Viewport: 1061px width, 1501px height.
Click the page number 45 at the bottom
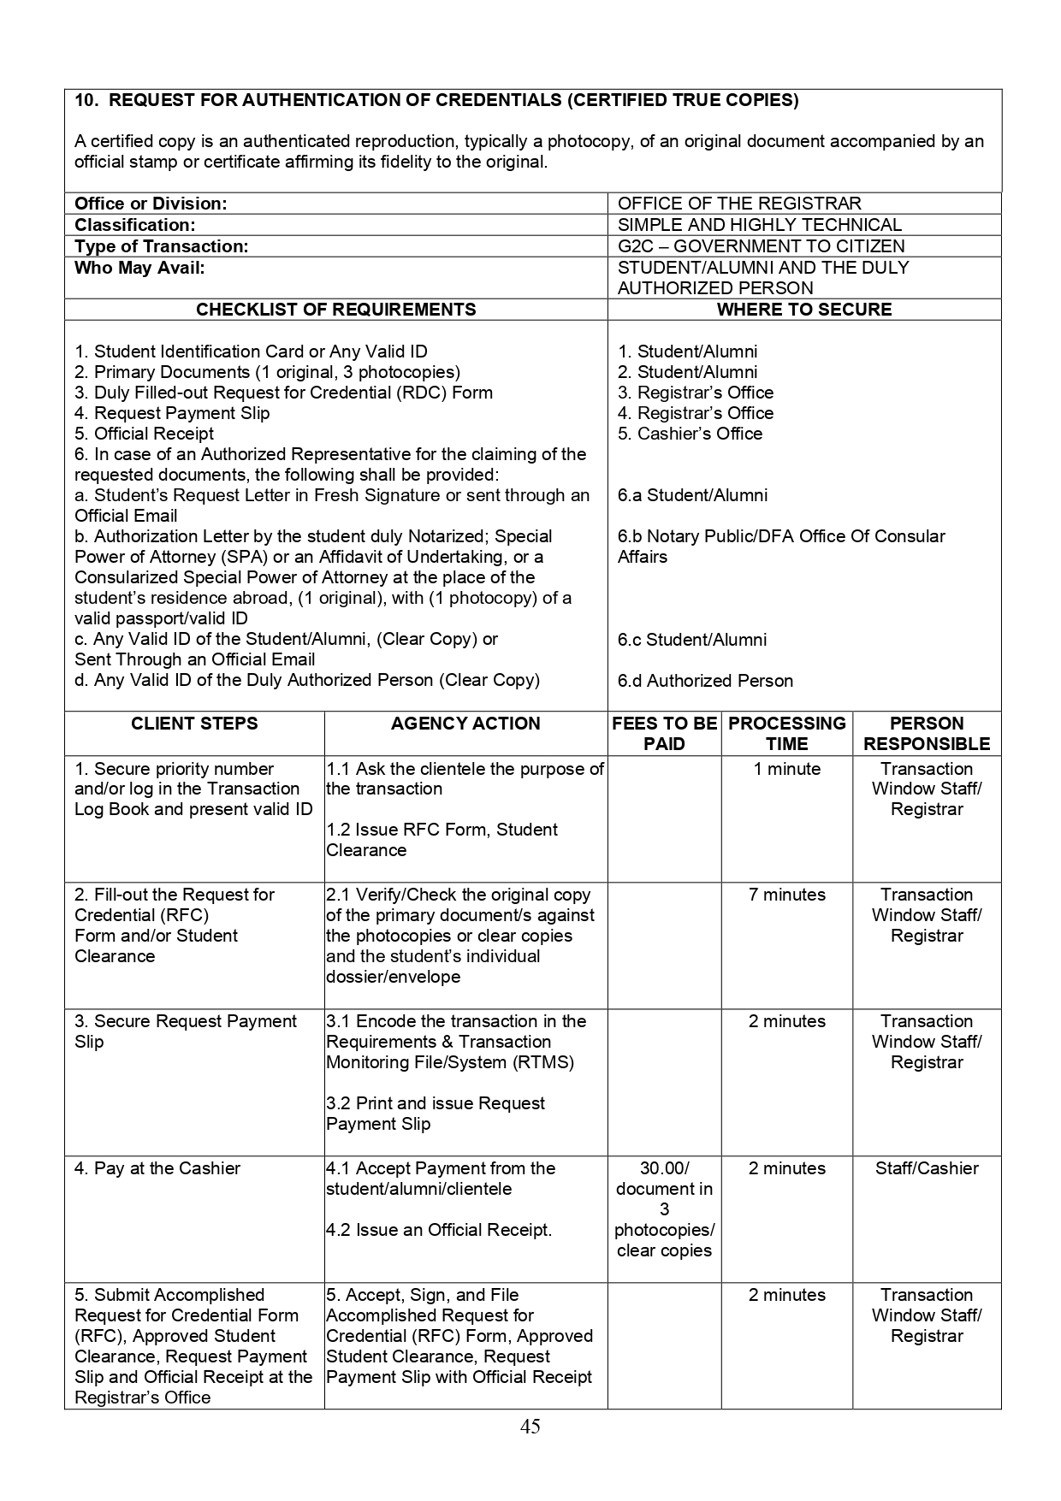530,1426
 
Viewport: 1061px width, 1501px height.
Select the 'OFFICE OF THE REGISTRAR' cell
739,204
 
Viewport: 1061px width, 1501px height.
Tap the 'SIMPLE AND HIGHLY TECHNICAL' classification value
759,225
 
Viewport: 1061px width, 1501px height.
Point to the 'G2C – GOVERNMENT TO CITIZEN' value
761,246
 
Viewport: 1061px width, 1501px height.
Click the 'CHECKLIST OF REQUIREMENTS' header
335,310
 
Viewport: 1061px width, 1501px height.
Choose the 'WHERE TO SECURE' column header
803,310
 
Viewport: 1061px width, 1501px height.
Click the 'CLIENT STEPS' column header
194,724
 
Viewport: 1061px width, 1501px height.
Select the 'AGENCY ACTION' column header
465,724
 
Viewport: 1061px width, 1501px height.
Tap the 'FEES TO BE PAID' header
664,734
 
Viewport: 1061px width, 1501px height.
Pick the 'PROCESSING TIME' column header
786,734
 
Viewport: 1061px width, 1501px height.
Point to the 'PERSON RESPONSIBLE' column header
927,734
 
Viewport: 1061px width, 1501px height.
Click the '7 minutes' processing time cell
786,895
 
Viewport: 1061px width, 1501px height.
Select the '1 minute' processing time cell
786,769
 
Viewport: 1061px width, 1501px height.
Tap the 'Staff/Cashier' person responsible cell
927,1168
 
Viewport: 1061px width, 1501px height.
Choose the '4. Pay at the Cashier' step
157,1168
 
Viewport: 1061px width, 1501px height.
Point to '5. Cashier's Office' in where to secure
690,434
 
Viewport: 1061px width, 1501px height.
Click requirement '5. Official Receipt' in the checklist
144,434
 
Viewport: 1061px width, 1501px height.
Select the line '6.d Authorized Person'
705,681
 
